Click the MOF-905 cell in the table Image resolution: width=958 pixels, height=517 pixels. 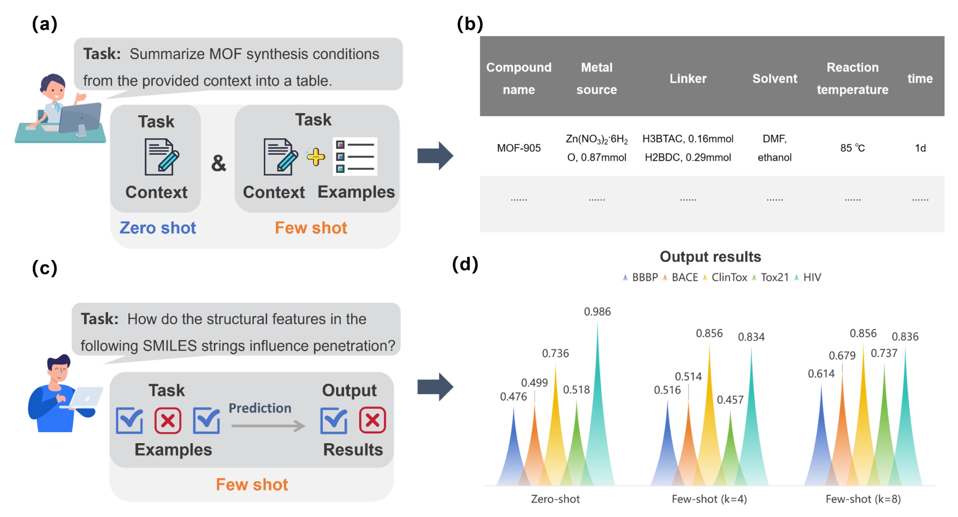[x=519, y=148]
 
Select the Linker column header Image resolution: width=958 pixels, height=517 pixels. [x=688, y=78]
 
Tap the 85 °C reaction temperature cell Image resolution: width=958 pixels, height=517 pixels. [x=852, y=148]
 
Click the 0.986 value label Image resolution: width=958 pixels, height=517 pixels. [x=597, y=312]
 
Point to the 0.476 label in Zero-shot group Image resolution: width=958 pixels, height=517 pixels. [x=513, y=396]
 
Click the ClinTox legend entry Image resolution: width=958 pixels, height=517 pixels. [x=729, y=277]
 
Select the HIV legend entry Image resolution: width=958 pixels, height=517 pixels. [x=812, y=277]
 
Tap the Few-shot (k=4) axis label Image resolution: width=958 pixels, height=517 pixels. [x=709, y=499]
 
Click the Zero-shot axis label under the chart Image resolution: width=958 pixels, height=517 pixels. [x=555, y=499]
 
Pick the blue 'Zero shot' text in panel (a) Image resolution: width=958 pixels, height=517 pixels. [x=158, y=228]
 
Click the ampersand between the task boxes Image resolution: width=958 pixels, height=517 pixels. [x=219, y=163]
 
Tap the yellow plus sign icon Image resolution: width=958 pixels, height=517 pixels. [x=316, y=157]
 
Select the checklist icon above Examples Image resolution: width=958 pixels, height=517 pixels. [x=355, y=156]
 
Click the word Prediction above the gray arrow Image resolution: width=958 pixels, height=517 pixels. [x=260, y=408]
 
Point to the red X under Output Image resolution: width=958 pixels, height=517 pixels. [x=372, y=420]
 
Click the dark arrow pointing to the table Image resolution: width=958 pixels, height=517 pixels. [x=435, y=156]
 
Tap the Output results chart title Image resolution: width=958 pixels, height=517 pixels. [x=710, y=257]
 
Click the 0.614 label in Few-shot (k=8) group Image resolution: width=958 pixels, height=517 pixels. [x=821, y=373]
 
